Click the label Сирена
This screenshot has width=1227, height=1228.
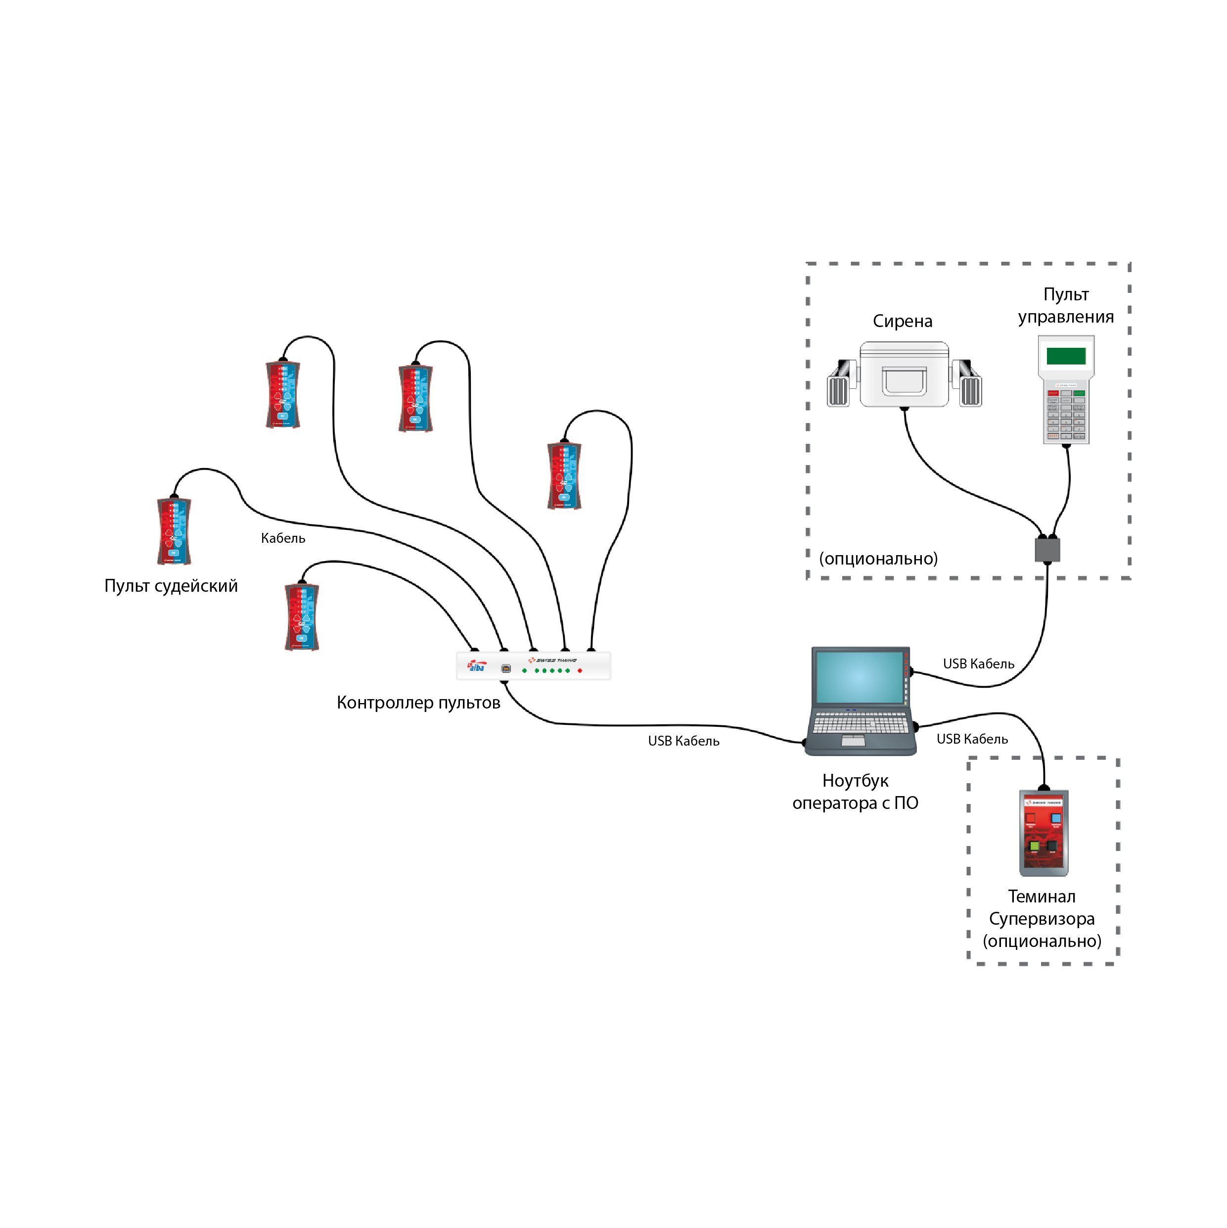point(902,321)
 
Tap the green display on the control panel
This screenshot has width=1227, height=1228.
point(1066,355)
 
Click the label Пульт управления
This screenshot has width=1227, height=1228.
point(1066,305)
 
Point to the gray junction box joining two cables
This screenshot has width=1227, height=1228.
point(1047,549)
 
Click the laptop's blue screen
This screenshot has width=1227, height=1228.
point(859,677)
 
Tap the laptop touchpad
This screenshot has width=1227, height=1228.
point(853,741)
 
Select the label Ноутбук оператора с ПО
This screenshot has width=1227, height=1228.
point(855,791)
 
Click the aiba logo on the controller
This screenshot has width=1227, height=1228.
point(477,666)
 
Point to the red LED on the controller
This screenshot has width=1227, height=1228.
point(580,670)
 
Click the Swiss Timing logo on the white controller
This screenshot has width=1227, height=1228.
point(553,661)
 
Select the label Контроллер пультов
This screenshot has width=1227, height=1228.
point(418,703)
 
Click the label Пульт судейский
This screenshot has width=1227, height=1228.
point(171,585)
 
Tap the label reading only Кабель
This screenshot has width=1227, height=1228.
point(283,538)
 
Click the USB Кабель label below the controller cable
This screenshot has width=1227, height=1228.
point(683,741)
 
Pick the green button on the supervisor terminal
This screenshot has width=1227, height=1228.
point(1034,846)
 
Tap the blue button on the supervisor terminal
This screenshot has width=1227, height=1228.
point(1056,818)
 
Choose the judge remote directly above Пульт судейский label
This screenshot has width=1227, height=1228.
point(174,531)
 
